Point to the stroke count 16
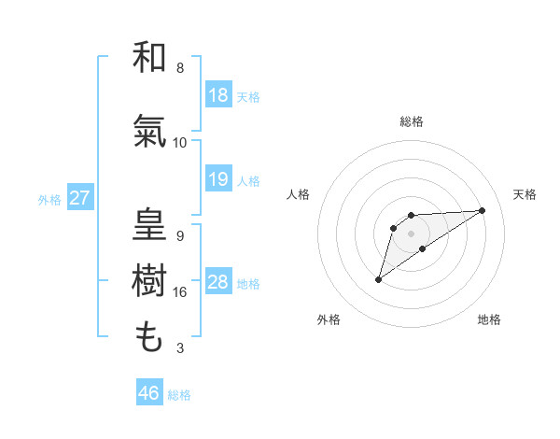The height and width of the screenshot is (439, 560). (x=181, y=292)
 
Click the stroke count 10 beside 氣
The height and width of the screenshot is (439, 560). (x=180, y=143)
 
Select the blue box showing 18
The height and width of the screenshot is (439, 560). (x=218, y=95)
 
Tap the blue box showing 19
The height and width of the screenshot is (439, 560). (x=218, y=179)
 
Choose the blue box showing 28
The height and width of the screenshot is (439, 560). (x=218, y=282)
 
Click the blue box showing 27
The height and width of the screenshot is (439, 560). (x=79, y=198)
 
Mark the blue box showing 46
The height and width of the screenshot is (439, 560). (x=149, y=393)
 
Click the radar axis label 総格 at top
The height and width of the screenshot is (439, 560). (x=412, y=121)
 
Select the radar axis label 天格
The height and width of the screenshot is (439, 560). (x=525, y=194)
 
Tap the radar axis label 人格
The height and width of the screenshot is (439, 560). (x=299, y=194)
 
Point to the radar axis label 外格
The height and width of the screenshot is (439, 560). (x=329, y=319)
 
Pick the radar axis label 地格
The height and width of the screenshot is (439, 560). (x=489, y=319)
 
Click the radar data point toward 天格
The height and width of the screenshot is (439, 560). (x=483, y=209)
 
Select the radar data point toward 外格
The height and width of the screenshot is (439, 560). (x=378, y=279)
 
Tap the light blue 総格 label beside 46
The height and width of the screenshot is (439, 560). (x=179, y=395)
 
